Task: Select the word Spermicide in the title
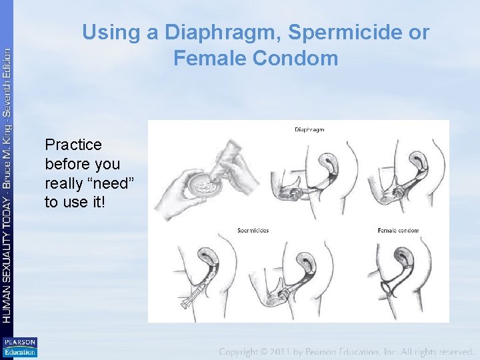point(343,32)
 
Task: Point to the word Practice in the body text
point(73,145)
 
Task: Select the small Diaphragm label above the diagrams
point(309,129)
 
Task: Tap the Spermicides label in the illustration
point(253,231)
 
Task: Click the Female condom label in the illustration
point(398,231)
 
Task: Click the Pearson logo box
point(20,343)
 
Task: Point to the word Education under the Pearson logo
point(20,352)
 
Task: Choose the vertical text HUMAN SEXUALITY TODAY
point(7,260)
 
